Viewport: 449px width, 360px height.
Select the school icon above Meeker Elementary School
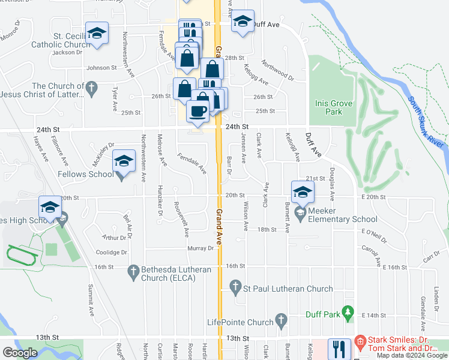[303, 192]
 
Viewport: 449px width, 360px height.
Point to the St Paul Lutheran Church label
[287, 289]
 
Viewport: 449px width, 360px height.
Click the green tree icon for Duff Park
[347, 313]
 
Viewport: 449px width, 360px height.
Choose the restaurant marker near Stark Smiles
[340, 349]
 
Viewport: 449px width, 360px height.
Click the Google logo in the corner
[20, 353]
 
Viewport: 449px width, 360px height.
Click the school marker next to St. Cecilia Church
[96, 34]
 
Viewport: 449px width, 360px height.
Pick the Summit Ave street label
[91, 300]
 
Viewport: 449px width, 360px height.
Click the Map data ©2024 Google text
[411, 355]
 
